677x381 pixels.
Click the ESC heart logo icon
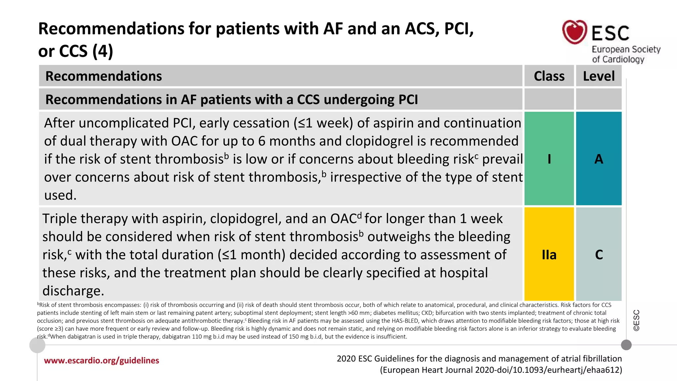pos(575,32)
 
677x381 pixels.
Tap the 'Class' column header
pos(549,76)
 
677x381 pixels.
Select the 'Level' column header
pos(599,76)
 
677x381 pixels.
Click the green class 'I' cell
pos(549,159)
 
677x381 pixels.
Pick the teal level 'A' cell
pos(599,159)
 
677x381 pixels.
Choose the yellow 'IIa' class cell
pos(549,254)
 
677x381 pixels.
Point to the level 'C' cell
pos(599,254)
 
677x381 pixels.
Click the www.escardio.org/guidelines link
pos(101,360)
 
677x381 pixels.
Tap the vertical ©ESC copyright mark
pos(636,320)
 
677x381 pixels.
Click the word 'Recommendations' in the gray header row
pos(103,76)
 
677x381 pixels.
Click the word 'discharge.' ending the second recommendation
pos(73,291)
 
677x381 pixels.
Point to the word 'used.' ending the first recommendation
pos(60,195)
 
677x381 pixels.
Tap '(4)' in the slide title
pos(103,51)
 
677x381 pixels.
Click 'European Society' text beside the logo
pos(626,49)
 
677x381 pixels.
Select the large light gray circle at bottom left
pos(37,345)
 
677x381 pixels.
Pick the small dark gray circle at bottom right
pos(626,345)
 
